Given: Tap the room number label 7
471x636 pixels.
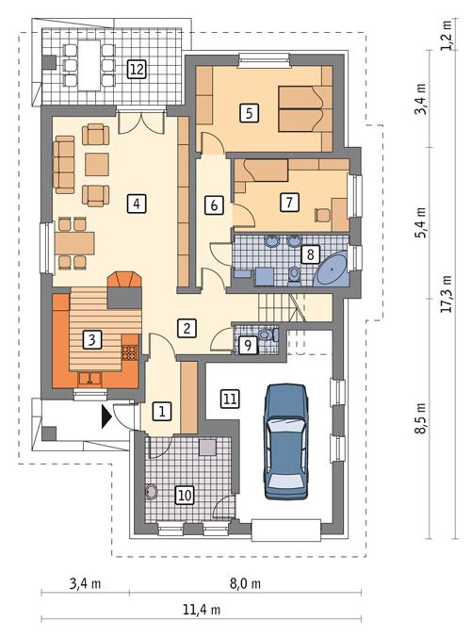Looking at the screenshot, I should point(289,200).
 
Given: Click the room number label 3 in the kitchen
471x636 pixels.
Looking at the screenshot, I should point(91,339).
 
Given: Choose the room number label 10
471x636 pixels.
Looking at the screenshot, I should point(184,493).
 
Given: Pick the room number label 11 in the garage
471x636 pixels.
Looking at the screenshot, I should point(229,400).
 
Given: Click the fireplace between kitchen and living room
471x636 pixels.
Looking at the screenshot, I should point(125,288).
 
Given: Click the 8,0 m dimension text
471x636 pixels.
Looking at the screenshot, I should point(245,584).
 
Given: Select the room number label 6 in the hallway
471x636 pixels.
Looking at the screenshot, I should point(214,204).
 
